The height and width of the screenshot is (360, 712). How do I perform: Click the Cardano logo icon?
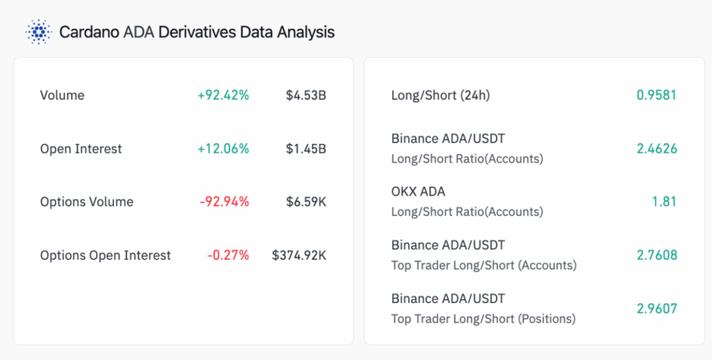click(38, 32)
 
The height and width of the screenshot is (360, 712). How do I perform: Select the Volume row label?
click(62, 95)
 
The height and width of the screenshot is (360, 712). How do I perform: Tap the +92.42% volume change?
click(223, 95)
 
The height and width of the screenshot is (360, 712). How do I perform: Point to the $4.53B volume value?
click(306, 95)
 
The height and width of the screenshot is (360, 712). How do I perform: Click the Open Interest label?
click(81, 149)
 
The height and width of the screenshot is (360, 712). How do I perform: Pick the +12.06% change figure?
click(223, 149)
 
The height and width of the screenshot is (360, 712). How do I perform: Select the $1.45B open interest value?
click(306, 149)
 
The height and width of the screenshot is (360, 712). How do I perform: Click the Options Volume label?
click(86, 202)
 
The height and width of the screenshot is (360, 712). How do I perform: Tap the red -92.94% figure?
click(224, 202)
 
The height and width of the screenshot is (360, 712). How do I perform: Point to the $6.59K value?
click(306, 202)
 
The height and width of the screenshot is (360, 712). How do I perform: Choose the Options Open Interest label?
click(105, 256)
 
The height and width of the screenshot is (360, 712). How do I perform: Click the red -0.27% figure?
click(227, 256)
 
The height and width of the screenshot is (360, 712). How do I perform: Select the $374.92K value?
click(299, 256)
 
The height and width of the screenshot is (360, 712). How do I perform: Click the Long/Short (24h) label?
click(440, 95)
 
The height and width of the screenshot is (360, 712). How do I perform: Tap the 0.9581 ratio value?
click(656, 95)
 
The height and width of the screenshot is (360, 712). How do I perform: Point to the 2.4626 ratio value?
click(656, 149)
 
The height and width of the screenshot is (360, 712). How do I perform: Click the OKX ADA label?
click(418, 192)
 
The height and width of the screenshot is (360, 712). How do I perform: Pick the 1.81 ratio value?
click(665, 202)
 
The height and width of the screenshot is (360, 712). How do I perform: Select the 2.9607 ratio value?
click(656, 309)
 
